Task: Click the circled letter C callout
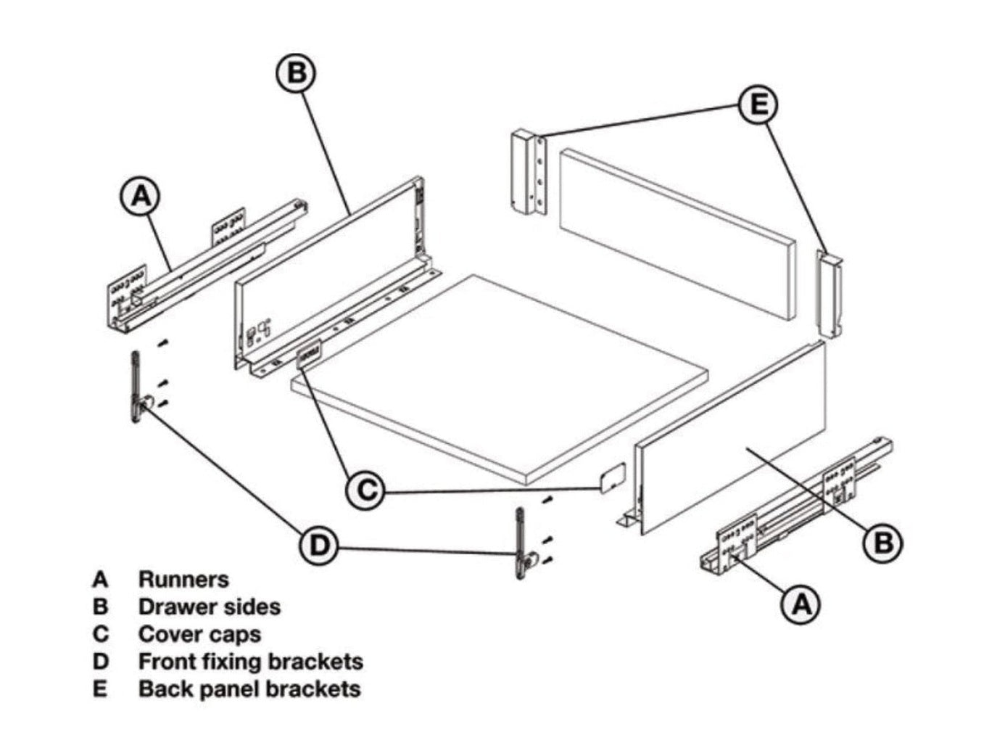point(368,490)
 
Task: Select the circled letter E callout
point(758,105)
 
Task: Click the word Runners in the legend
point(183,579)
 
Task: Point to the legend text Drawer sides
point(209,607)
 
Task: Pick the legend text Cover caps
point(199,634)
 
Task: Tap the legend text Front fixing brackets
point(250,662)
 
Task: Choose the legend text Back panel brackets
point(249,689)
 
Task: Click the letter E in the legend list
point(100,689)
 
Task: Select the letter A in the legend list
point(100,579)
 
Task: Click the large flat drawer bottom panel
point(500,377)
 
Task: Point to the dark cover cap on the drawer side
point(310,353)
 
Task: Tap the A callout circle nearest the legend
point(141,195)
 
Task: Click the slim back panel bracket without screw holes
point(831,293)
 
